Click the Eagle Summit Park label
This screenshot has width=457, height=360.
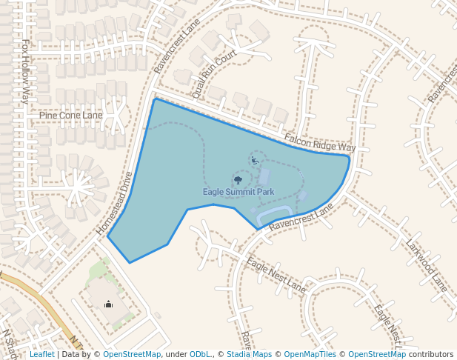[x=238, y=192]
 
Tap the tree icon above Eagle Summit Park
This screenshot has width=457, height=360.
[x=238, y=179]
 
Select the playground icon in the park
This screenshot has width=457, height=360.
[x=254, y=160]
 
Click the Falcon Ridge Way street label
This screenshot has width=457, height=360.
[x=320, y=143]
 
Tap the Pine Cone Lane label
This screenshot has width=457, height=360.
[x=71, y=116]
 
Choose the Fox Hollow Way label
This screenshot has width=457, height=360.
[x=25, y=71]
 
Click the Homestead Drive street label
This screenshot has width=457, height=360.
[x=114, y=204]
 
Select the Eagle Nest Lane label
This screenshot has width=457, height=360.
[x=276, y=274]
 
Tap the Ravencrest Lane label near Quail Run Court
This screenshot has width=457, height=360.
[x=177, y=46]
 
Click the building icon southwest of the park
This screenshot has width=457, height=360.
[x=108, y=304]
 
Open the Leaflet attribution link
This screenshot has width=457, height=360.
[x=41, y=355]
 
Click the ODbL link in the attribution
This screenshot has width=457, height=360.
[x=199, y=355]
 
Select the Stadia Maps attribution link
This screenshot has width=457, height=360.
[x=248, y=355]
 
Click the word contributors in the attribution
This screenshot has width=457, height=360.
[x=430, y=355]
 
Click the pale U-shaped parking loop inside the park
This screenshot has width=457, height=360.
[x=273, y=214]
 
